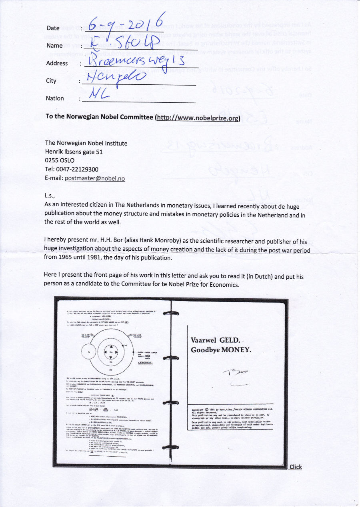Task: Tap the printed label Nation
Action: (x=55, y=98)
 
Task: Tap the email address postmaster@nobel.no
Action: (x=95, y=178)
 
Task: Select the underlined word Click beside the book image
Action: (x=296, y=467)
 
